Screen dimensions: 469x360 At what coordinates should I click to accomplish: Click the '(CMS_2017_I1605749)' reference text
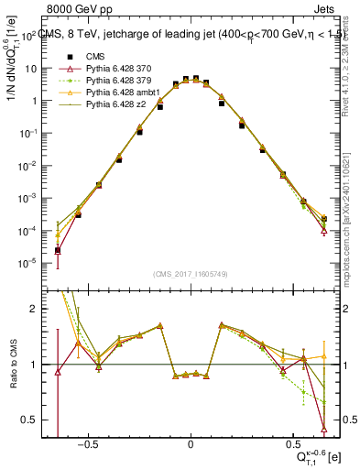[x=191, y=273]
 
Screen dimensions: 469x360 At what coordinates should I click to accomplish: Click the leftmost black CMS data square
[x=58, y=250]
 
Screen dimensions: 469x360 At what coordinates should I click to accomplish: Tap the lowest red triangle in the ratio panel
[x=324, y=428]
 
